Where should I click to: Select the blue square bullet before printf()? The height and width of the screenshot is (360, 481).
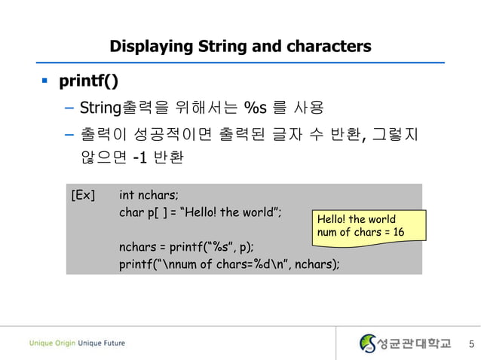coord(44,79)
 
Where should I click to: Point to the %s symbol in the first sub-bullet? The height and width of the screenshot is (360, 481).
coord(248,108)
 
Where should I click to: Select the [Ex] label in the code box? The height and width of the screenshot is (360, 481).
coord(83,196)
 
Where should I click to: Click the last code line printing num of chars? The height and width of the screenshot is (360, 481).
coord(228,264)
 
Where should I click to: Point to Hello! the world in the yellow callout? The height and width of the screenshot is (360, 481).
coord(356,219)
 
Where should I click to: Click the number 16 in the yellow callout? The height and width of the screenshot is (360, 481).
coord(397,232)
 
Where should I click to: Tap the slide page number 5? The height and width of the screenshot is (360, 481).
coord(471,344)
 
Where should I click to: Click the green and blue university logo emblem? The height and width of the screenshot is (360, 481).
coord(368,343)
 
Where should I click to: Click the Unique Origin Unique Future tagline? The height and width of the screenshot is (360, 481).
coord(78,343)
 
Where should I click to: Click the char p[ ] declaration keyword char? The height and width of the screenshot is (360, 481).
coord(130,212)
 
